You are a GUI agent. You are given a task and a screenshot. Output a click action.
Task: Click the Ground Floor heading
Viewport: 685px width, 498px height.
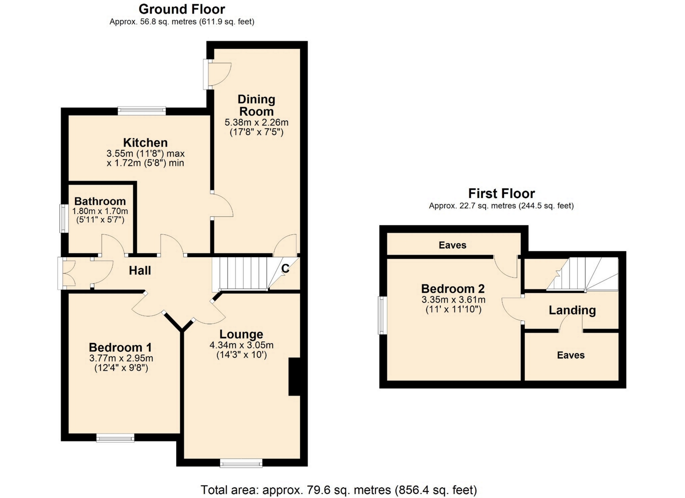[x=182, y=9]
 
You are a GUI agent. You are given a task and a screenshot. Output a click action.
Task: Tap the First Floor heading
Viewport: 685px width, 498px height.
[x=501, y=193]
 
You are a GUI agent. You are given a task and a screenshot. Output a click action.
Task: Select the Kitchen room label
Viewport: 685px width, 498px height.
[x=145, y=143]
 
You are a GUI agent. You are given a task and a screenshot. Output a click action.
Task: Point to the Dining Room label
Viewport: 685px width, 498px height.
[x=256, y=105]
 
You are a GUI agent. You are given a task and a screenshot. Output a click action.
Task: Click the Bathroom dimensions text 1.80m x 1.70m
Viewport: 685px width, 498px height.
[x=100, y=211]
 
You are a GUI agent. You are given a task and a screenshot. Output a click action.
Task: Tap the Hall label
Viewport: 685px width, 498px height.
[x=140, y=270]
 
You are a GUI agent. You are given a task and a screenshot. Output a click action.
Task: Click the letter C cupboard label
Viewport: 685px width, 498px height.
[x=285, y=269]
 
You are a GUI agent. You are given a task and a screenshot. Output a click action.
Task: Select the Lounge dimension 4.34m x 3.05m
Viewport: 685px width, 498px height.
[x=242, y=345]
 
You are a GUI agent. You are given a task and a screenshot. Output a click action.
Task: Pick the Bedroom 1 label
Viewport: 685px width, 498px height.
[x=120, y=347]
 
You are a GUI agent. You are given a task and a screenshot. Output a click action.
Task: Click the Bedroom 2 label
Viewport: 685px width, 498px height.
[x=453, y=288]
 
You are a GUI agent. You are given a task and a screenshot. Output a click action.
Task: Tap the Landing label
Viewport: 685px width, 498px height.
[x=572, y=310]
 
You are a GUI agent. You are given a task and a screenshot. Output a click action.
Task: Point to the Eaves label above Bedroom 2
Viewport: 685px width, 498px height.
[x=452, y=245]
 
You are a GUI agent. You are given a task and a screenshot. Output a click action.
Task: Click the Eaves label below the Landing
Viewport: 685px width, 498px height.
[x=571, y=355]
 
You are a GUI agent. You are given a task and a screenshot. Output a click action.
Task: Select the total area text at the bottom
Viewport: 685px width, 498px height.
[x=339, y=490]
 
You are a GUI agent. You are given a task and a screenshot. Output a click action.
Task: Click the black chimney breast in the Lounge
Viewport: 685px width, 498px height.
[x=294, y=376]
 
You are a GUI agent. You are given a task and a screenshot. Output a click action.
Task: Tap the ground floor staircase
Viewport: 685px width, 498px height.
[x=240, y=274]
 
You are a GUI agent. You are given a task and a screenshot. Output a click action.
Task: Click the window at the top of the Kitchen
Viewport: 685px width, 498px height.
[x=142, y=111]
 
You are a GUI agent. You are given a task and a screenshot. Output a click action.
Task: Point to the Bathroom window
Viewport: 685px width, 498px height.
[x=64, y=218]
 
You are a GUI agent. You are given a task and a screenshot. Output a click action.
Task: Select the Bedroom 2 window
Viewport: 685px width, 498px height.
[x=382, y=315]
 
